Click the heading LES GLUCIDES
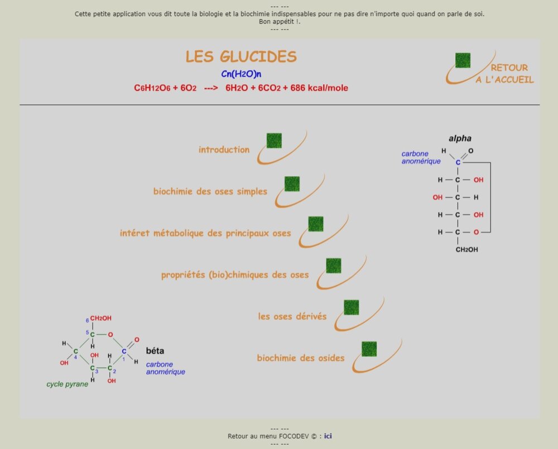[241, 56]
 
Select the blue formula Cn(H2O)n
[241, 74]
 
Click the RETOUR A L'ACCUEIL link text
[504, 74]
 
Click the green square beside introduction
[274, 141]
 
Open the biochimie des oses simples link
[210, 191]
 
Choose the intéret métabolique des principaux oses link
[205, 233]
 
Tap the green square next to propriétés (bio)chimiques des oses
[334, 265]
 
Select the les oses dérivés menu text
[292, 316]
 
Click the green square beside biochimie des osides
[369, 349]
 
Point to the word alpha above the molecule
[460, 138]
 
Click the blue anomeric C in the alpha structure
[458, 162]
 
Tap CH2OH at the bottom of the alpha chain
[466, 249]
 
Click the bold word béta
[155, 351]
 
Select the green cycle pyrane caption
[67, 384]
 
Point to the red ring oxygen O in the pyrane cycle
[110, 335]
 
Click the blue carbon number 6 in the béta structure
[88, 320]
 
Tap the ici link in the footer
[328, 436]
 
